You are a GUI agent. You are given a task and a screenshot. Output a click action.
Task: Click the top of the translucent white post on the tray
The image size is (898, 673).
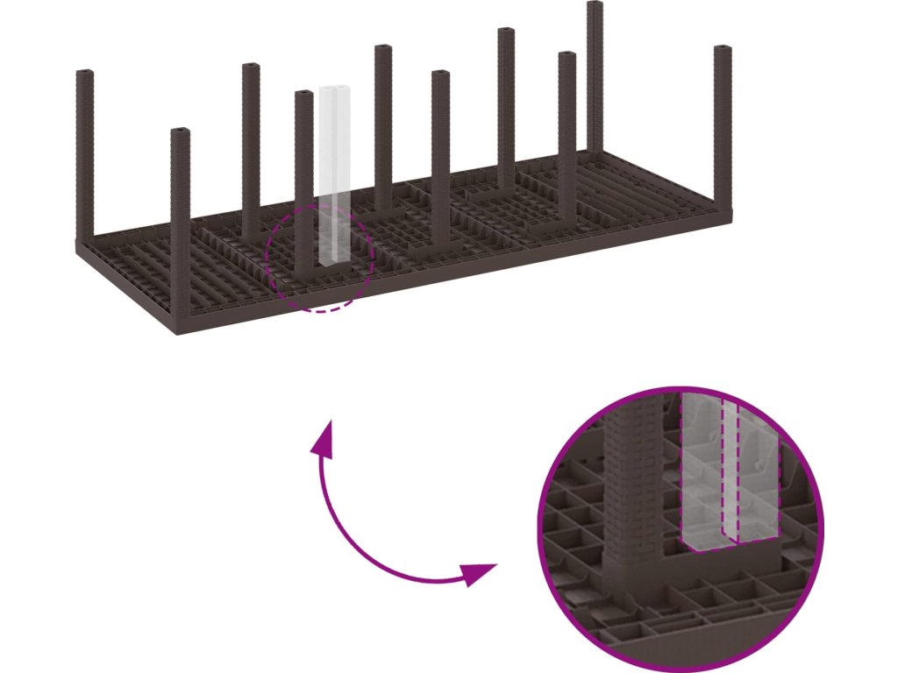click(x=334, y=90)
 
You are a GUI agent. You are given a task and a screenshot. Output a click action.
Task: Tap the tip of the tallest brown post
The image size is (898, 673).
click(x=595, y=5)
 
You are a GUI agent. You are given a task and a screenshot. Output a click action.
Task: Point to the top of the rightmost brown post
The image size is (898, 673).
click(x=722, y=49)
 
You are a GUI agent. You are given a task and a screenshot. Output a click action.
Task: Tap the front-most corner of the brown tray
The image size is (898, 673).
click(x=175, y=334)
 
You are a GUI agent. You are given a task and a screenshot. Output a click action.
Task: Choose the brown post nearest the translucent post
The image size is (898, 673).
click(x=303, y=175)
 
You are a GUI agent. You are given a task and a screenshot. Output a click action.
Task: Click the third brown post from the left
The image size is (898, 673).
click(x=251, y=149)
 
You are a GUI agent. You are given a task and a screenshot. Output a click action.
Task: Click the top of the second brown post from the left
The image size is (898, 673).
click(x=181, y=132)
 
